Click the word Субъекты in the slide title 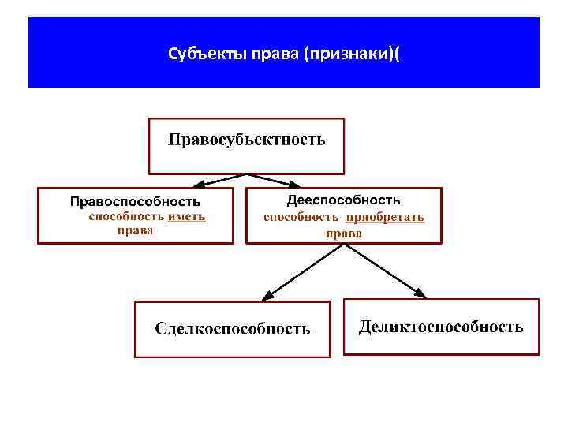pyautogui.click(x=196, y=54)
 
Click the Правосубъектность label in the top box pyautogui.click(x=246, y=140)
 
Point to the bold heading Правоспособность pyautogui.click(x=135, y=201)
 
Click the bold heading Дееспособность pyautogui.click(x=343, y=200)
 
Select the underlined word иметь pyautogui.click(x=187, y=216)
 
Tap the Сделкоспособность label pyautogui.click(x=233, y=328)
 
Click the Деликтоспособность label pyautogui.click(x=441, y=327)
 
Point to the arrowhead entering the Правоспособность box pyautogui.click(x=200, y=185)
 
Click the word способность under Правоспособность pyautogui.click(x=125, y=216)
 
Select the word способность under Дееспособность pyautogui.click(x=301, y=217)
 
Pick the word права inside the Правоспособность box pyautogui.click(x=135, y=230)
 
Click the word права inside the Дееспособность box pyautogui.click(x=344, y=233)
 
